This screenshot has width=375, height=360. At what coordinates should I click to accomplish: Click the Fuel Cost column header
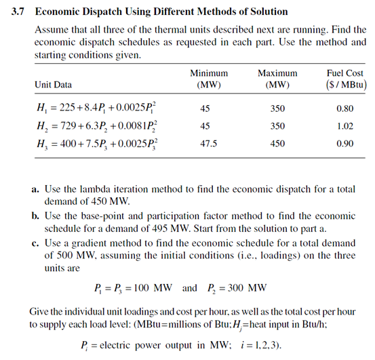click(345, 73)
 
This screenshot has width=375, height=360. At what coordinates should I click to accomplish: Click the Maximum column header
click(277, 73)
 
